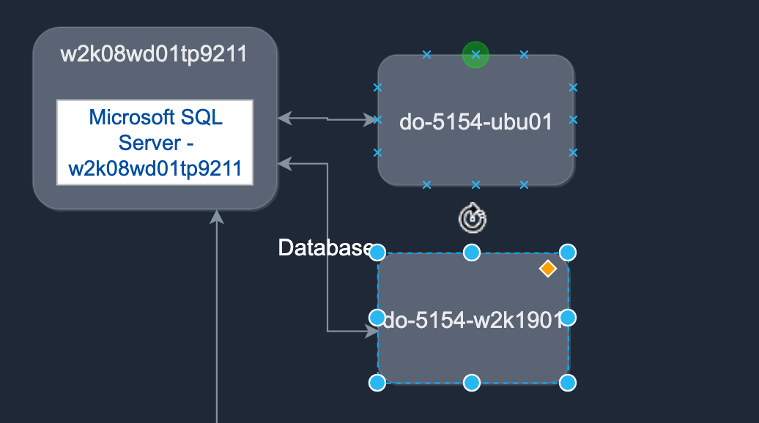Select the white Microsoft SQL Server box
click(155, 143)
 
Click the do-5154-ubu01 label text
click(475, 121)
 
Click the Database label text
click(325, 248)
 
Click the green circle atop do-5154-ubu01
click(475, 54)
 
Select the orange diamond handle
click(547, 269)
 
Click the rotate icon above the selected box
click(473, 217)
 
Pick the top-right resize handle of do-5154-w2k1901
click(568, 252)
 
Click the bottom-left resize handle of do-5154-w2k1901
click(377, 383)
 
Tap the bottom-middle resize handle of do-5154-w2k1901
click(472, 383)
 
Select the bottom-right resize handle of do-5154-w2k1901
click(568, 383)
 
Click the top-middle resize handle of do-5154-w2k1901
click(472, 252)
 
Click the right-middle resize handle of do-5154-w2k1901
click(568, 318)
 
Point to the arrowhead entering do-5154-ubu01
click(370, 119)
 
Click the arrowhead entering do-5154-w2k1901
click(371, 332)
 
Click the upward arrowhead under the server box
click(217, 217)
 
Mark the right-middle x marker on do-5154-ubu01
click(573, 119)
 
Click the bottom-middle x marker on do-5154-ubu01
click(475, 184)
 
